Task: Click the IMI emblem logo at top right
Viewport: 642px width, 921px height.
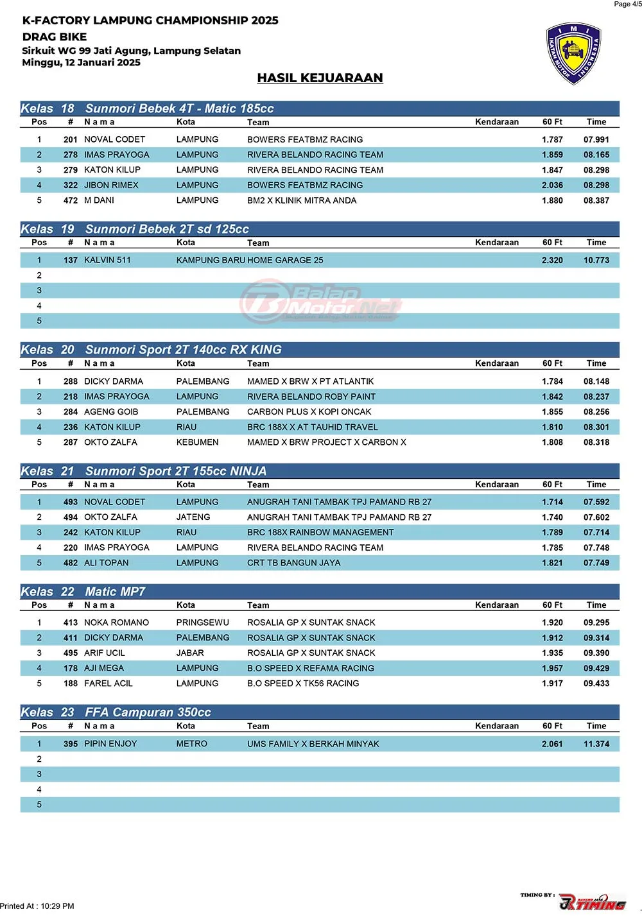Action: click(x=573, y=54)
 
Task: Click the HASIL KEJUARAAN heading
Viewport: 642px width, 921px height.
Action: click(x=320, y=78)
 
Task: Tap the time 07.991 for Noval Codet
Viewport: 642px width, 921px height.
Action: click(x=596, y=139)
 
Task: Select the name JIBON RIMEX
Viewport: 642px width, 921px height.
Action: click(x=111, y=185)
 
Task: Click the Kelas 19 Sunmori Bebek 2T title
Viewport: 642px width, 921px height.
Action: click(x=135, y=229)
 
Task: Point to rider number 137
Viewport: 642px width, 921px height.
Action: click(x=71, y=260)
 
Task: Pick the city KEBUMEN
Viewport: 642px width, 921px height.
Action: click(x=197, y=442)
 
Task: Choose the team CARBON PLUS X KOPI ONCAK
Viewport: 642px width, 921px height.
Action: click(x=309, y=411)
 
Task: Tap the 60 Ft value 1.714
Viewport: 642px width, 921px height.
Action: click(x=552, y=502)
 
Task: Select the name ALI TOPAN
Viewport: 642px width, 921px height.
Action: click(x=106, y=563)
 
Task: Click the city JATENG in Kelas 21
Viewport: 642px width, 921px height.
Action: click(x=193, y=517)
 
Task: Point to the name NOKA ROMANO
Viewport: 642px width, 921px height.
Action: click(x=116, y=623)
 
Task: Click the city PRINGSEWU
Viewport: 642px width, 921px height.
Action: click(x=202, y=623)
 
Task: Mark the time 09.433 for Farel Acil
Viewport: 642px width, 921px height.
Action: click(x=596, y=684)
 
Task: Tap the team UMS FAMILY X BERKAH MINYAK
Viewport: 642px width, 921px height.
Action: click(x=313, y=744)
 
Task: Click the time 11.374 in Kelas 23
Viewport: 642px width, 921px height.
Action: click(x=596, y=744)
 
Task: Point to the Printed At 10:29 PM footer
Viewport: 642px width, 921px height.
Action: click(x=37, y=906)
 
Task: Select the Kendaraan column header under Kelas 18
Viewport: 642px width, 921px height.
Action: click(x=496, y=122)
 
